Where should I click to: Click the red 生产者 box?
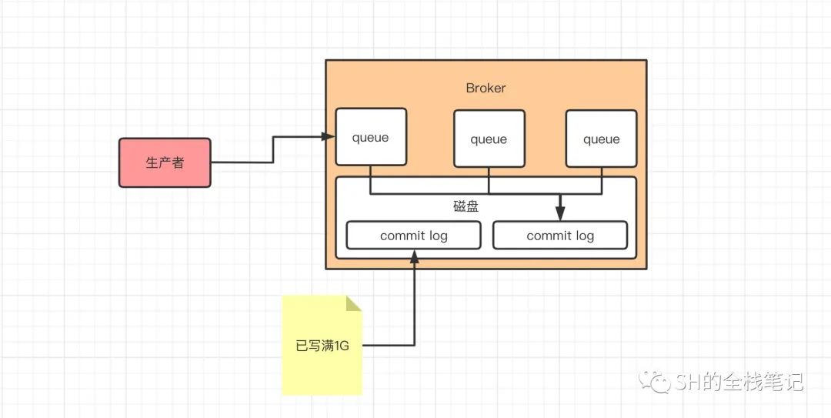point(165,163)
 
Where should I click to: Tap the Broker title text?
point(486,88)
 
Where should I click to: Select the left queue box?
point(371,137)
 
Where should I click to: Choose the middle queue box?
point(489,139)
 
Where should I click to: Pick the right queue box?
point(602,139)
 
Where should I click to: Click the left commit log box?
point(414,235)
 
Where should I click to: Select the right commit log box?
point(560,235)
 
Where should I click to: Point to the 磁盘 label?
point(466,206)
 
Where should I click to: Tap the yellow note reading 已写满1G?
point(322,346)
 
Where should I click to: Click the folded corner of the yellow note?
point(354,303)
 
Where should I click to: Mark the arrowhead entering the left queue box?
point(329,137)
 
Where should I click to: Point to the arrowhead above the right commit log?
point(560,214)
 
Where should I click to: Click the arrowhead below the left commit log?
point(414,256)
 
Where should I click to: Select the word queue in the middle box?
point(489,139)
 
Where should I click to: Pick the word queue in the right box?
point(602,139)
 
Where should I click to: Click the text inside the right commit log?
point(560,236)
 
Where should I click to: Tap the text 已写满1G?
point(322,346)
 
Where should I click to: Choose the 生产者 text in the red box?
point(165,163)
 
